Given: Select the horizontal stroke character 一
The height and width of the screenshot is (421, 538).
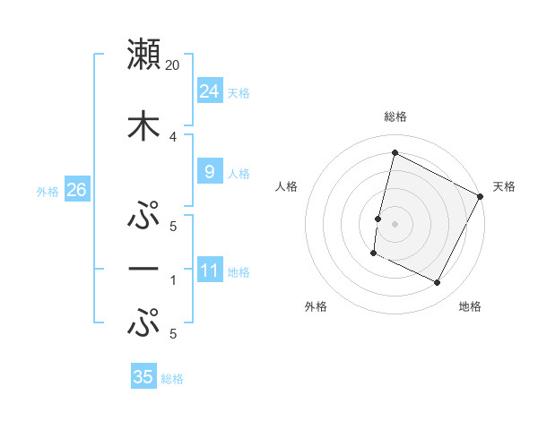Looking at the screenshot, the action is tap(143, 269).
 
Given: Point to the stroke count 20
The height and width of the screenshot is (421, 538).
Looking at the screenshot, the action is tap(173, 65).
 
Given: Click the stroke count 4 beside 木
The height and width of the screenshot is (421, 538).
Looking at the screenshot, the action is tap(173, 137).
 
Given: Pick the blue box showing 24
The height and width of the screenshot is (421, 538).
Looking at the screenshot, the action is tap(209, 91).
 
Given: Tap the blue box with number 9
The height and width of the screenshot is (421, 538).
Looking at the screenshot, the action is tap(209, 172).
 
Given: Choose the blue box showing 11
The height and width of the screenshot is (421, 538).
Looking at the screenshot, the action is tap(209, 271).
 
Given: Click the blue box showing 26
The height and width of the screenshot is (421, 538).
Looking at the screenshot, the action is tap(76, 190).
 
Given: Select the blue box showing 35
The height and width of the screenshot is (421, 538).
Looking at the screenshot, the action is tap(143, 377).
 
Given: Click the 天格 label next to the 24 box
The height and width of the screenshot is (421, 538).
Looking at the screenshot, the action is tap(239, 93).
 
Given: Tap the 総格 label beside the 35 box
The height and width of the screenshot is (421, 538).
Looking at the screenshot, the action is tap(172, 379).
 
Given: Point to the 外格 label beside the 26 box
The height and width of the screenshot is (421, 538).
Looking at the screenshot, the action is tap(48, 192).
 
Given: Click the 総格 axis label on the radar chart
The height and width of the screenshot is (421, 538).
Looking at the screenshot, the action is tap(395, 116).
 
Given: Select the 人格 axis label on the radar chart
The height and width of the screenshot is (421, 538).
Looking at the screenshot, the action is tap(287, 186).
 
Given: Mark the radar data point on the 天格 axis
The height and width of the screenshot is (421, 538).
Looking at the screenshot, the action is tap(481, 196).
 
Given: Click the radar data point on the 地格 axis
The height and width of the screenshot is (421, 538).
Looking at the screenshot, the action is tap(438, 283).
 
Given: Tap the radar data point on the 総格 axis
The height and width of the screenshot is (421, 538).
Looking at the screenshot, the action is tap(395, 153).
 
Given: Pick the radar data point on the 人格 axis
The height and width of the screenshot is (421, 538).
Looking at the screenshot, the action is tap(377, 219).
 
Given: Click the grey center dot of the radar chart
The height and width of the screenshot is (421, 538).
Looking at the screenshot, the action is tap(395, 224).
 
